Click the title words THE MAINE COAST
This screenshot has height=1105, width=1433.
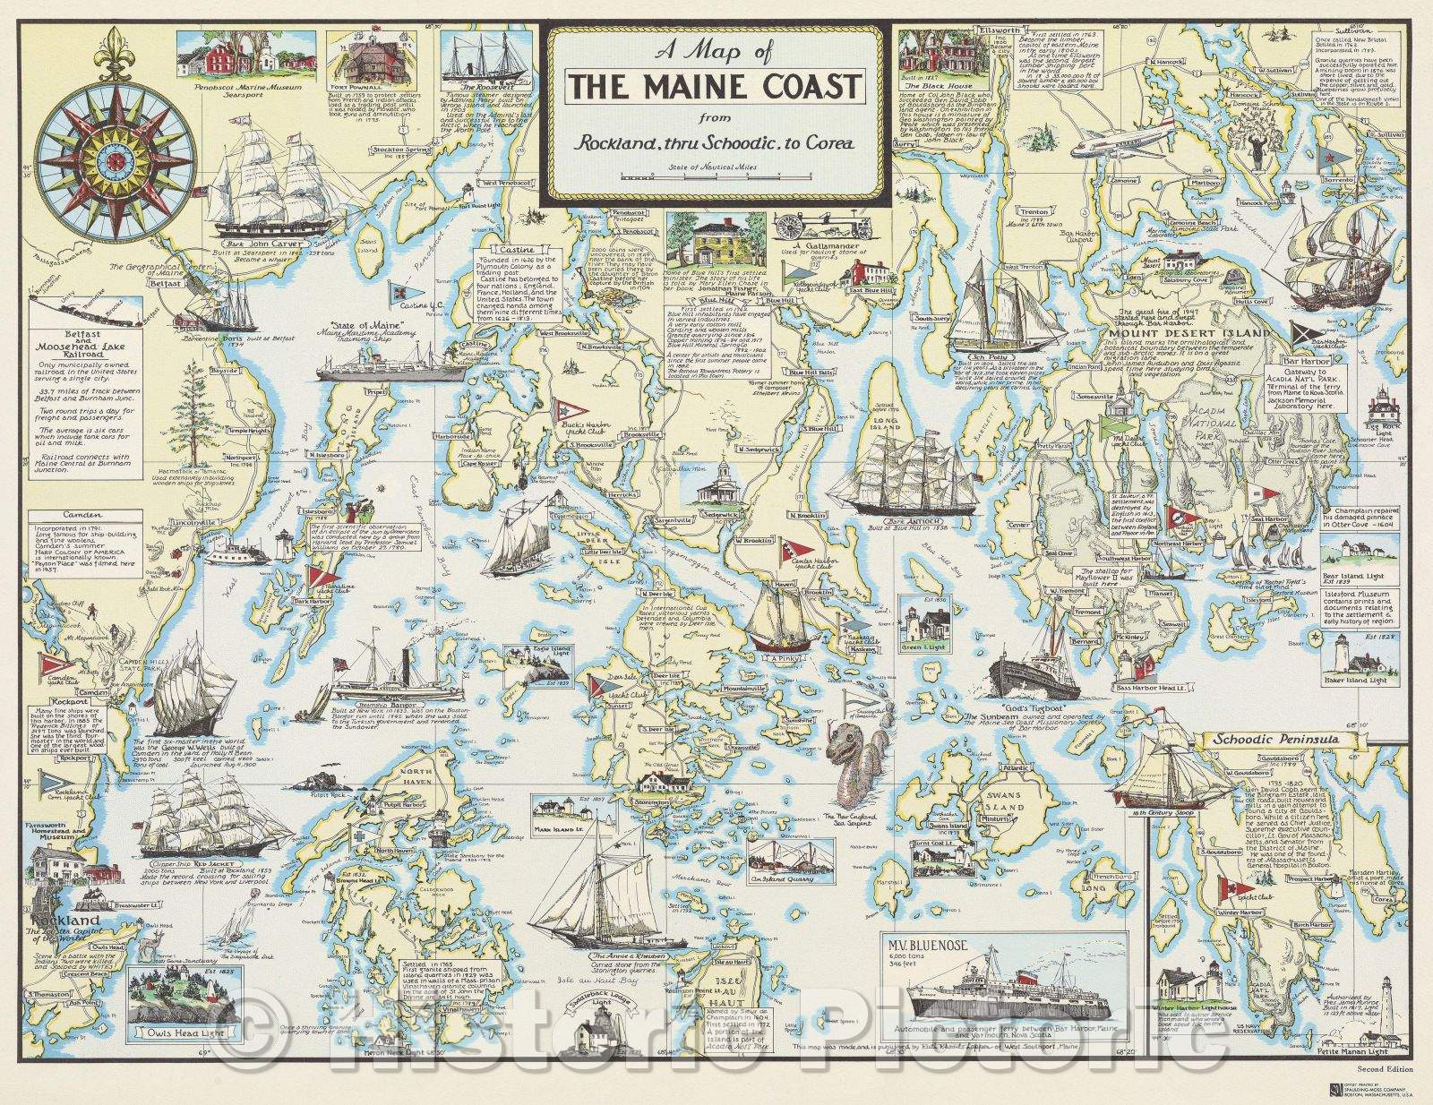coord(716,87)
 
